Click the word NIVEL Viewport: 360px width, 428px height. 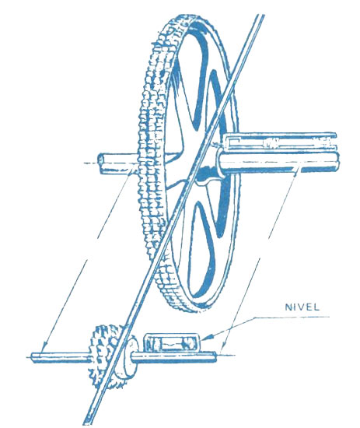point(302,307)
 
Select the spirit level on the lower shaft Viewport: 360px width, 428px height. point(172,342)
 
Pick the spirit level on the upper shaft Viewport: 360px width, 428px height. point(280,142)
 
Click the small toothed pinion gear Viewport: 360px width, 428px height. point(107,357)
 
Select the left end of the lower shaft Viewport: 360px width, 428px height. point(32,358)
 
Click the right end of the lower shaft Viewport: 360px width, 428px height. point(215,357)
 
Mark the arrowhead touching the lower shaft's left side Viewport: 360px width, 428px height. point(44,348)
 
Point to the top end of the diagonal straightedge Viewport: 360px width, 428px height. point(261,16)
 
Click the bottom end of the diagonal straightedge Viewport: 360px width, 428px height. point(87,424)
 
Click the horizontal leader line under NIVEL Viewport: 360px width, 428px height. point(292,317)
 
